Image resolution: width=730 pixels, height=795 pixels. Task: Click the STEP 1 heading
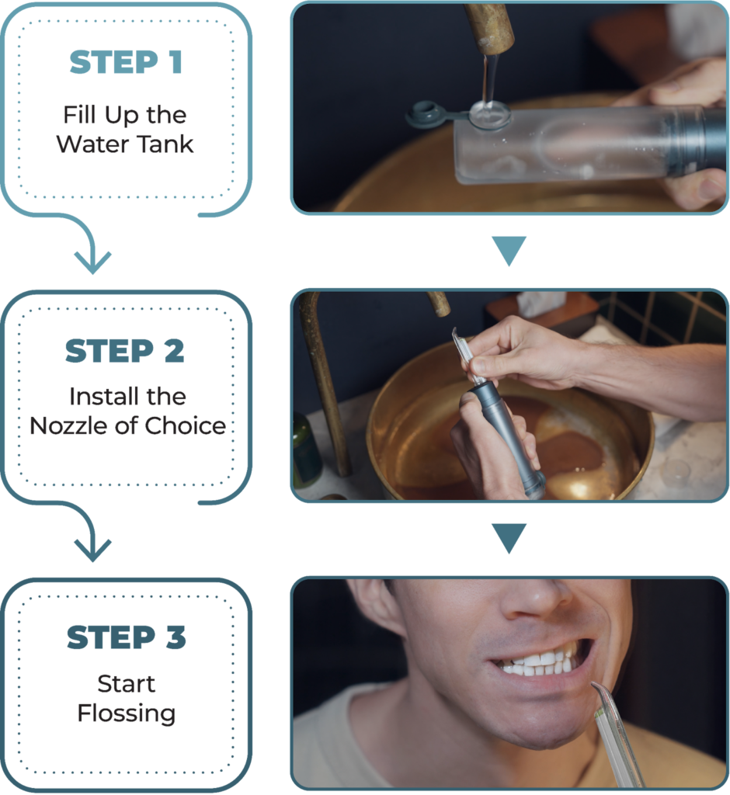pyautogui.click(x=126, y=62)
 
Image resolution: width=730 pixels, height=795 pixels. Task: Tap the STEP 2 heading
pyautogui.click(x=125, y=351)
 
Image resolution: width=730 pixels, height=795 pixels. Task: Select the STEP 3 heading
pyautogui.click(x=127, y=637)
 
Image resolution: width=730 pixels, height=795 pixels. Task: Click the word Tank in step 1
pyautogui.click(x=165, y=144)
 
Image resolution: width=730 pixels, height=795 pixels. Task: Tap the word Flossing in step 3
pyautogui.click(x=127, y=714)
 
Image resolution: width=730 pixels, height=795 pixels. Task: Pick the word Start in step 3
pyautogui.click(x=127, y=684)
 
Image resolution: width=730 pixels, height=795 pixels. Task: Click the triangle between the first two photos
pyautogui.click(x=509, y=248)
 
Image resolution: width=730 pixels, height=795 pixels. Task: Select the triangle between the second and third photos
pyautogui.click(x=509, y=536)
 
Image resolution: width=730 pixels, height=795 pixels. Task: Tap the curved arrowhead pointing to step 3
pyautogui.click(x=93, y=550)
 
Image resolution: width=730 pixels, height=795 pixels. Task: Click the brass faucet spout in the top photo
pyautogui.click(x=489, y=28)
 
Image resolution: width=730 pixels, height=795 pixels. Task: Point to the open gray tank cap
pyautogui.click(x=425, y=114)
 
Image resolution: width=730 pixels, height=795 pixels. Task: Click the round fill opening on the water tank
pyautogui.click(x=489, y=113)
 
